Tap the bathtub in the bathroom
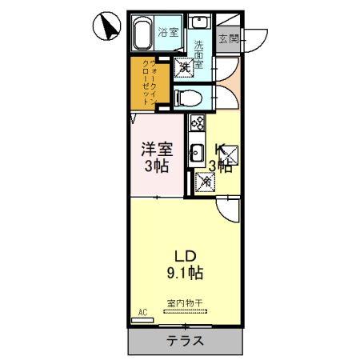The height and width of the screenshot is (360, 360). (144, 34)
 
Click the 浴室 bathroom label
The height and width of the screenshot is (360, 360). (168, 33)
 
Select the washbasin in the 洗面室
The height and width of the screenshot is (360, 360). (201, 22)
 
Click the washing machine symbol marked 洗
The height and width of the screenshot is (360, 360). (185, 68)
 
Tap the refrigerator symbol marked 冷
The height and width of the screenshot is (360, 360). (205, 182)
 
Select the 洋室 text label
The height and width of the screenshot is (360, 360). (157, 150)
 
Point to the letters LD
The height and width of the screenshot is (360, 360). (186, 255)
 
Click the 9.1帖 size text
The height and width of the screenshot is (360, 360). (186, 273)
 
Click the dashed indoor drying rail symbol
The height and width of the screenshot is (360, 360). (185, 311)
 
